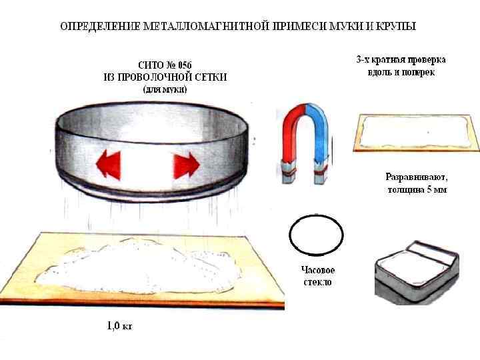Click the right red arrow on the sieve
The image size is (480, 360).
tap(187, 163)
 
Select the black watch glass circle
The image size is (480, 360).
tap(317, 235)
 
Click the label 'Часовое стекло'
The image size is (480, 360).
tap(317, 276)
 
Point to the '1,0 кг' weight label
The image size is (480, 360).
tap(120, 327)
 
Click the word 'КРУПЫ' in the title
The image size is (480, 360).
tap(396, 27)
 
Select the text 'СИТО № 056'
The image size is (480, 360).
tap(165, 65)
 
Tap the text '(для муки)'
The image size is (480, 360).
tap(165, 89)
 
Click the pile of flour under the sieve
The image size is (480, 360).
tap(143, 267)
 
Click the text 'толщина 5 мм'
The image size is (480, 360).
tap(417, 190)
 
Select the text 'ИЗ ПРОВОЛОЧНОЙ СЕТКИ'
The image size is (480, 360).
tap(165, 77)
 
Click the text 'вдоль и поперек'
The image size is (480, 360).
tap(401, 72)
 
